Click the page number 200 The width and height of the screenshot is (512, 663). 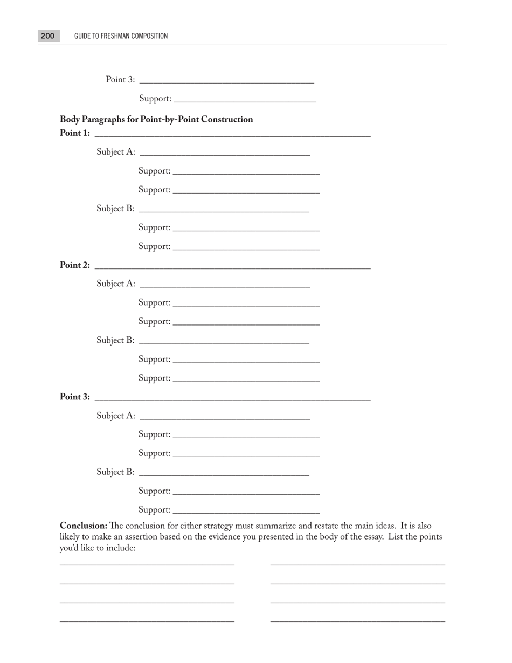pos(48,36)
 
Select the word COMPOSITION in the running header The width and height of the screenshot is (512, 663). pos(147,36)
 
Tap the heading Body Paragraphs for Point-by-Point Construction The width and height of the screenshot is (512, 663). pos(156,119)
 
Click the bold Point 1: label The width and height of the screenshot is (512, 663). pos(75,133)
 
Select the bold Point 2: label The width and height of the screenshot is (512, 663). pos(75,265)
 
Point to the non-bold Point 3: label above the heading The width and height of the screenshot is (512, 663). pos(120,80)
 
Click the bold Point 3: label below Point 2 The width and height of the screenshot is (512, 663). pos(75,397)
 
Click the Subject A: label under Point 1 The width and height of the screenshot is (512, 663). pos(116,152)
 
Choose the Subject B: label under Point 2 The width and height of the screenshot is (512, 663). pos(116,340)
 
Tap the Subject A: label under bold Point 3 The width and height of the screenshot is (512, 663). pos(116,416)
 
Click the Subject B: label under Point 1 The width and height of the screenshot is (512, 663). pos(116,209)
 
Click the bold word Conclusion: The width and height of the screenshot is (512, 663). pos(84,526)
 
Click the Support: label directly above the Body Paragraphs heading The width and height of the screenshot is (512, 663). pos(155,99)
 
